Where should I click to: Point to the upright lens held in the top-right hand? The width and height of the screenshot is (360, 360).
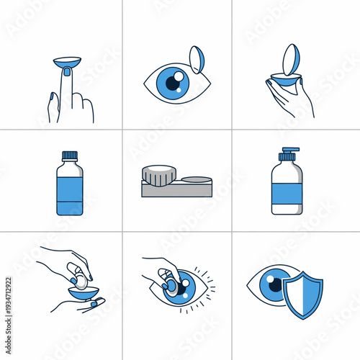[289, 60]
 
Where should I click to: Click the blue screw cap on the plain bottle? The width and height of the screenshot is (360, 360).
[69, 155]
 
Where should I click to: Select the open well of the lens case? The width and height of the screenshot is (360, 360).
[196, 180]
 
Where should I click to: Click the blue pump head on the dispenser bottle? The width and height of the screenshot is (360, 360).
[286, 153]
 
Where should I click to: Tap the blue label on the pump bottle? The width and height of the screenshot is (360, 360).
[287, 192]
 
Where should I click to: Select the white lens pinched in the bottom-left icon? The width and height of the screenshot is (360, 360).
[80, 279]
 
